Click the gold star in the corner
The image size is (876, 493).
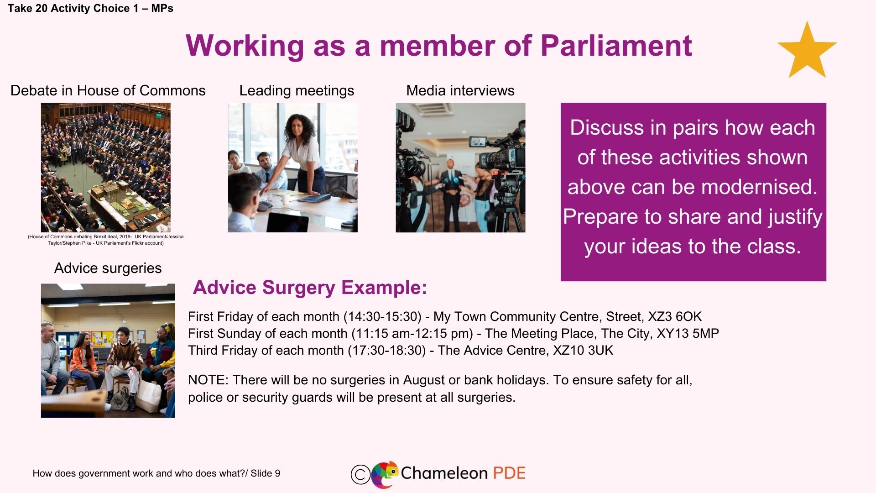(807, 51)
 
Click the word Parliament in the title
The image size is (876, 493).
(616, 46)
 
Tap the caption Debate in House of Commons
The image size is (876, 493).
(108, 90)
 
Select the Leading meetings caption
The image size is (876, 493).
(297, 90)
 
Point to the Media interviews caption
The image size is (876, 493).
(460, 90)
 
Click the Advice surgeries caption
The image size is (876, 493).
(108, 268)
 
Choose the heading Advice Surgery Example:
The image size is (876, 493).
(310, 288)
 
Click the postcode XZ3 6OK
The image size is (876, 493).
(675, 316)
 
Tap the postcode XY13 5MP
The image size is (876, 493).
(688, 333)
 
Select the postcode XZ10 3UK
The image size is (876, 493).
(583, 350)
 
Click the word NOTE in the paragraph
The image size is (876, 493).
(208, 380)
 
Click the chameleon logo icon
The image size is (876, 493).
(384, 474)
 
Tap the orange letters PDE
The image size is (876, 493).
(510, 473)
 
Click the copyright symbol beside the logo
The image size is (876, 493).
(360, 474)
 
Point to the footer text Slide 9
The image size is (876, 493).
(266, 473)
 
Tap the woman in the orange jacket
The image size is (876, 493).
(83, 361)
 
